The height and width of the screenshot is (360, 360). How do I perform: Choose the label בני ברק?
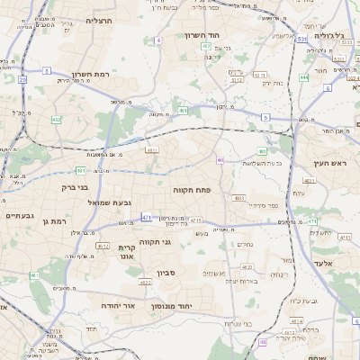coord(61,187)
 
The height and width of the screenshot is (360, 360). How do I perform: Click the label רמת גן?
coord(55,220)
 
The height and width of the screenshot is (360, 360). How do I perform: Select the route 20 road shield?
coord(21,79)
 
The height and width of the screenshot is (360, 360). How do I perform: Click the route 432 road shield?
coord(56,119)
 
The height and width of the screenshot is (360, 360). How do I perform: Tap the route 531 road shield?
coord(301,40)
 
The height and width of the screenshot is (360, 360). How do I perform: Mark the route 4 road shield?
coord(159,40)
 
